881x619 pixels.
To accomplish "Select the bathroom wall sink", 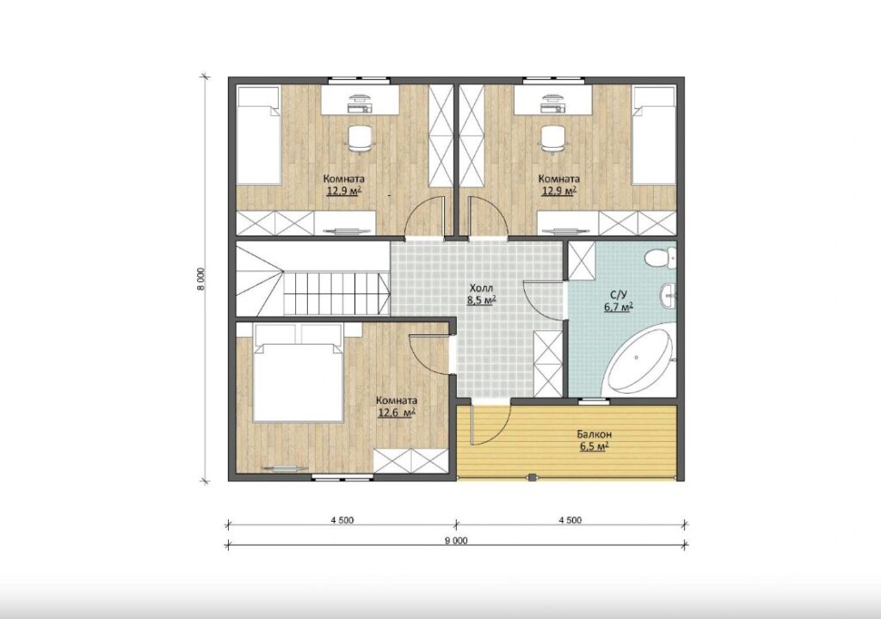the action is (668, 296).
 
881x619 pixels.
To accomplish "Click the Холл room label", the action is (481, 289).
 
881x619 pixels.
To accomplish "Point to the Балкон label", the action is (594, 434).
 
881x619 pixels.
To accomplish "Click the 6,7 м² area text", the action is (618, 306).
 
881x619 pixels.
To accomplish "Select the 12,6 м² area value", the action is (396, 413).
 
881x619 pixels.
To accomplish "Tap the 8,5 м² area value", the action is (481, 300).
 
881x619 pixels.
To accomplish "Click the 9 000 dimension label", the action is (456, 541).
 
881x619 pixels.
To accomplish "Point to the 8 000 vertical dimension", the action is (200, 279).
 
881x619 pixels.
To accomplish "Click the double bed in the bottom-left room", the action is (297, 372).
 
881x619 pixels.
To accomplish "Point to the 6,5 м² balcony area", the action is (594, 446).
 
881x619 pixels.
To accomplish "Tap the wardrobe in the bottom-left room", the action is (412, 461).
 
